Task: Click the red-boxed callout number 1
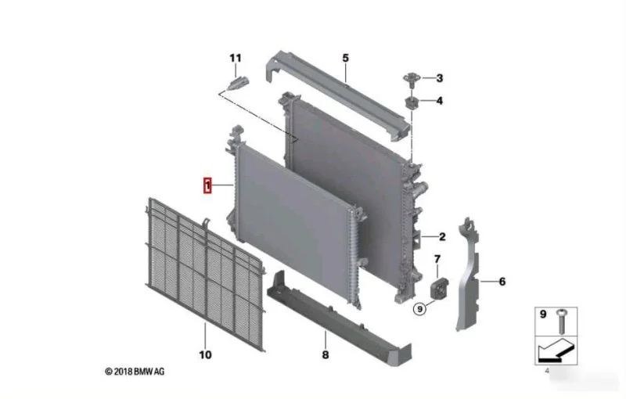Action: (x=207, y=185)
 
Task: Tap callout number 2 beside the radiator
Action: (x=442, y=237)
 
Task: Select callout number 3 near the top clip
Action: (x=440, y=78)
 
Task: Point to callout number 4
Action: (x=440, y=101)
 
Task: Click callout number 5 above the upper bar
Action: (x=345, y=58)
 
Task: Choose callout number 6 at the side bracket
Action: (x=502, y=282)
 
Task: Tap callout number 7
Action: (x=437, y=260)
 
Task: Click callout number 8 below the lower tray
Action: (x=326, y=354)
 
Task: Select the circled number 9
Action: (x=419, y=309)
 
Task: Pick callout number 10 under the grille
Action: (x=205, y=354)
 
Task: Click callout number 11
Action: (x=236, y=58)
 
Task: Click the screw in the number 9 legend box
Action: (x=562, y=322)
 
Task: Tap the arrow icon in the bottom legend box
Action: (x=556, y=350)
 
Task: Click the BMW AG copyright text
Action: (x=135, y=372)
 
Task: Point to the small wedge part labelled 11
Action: (x=238, y=84)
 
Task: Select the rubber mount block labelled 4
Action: (x=411, y=102)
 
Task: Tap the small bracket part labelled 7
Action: (x=439, y=288)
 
